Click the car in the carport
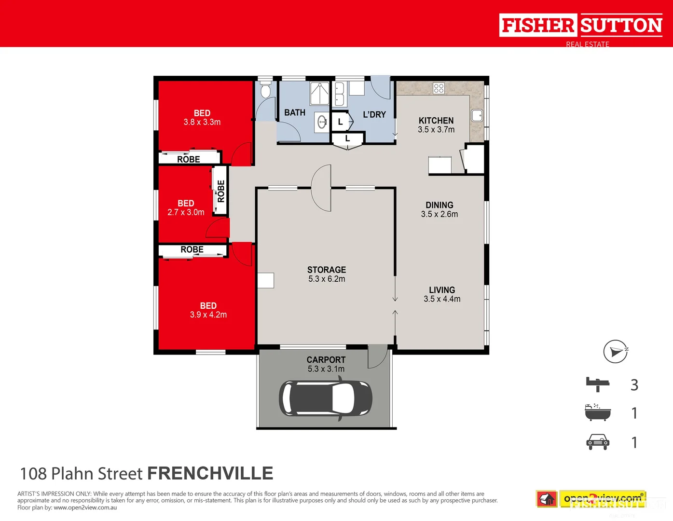(x=325, y=398)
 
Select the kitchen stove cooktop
(x=439, y=88)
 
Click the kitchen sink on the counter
(x=477, y=116)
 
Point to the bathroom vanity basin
(x=322, y=122)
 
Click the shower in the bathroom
(x=319, y=93)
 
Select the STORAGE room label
(x=327, y=270)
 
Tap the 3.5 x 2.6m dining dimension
(x=440, y=214)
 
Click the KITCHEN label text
(x=436, y=121)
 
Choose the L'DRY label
(x=374, y=115)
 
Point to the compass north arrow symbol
(x=616, y=351)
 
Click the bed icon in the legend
(x=598, y=384)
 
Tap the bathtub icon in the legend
(x=598, y=413)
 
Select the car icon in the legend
(x=598, y=442)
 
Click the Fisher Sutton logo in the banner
(x=581, y=26)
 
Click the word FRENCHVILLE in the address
(x=210, y=474)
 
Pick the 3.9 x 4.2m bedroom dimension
(x=208, y=315)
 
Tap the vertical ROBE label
(x=221, y=191)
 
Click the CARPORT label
(x=326, y=360)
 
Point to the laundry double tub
(x=339, y=94)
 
